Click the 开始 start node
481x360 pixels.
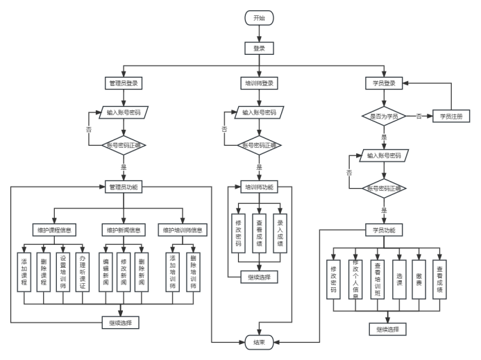coord(259,18)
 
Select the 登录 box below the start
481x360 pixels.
coord(259,49)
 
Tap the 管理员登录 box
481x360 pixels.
coord(124,83)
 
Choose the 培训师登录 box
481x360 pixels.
coord(259,83)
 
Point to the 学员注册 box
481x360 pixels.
coord(451,117)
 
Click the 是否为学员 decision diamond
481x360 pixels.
coord(384,117)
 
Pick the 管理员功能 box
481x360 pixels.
coord(124,187)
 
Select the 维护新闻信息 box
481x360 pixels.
coord(124,230)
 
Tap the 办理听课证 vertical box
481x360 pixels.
coord(82,271)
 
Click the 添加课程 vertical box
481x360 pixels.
coord(25,271)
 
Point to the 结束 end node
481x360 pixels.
coord(259,341)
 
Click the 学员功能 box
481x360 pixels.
coord(384,230)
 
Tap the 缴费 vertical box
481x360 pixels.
coord(419,280)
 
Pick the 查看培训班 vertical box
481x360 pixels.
coord(378,280)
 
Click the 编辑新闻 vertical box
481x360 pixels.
coord(106,271)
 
